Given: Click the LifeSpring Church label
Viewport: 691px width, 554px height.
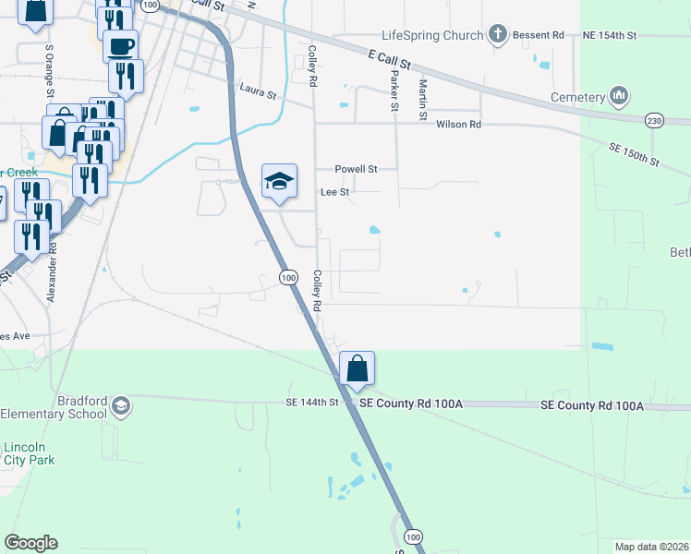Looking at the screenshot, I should coord(431,35).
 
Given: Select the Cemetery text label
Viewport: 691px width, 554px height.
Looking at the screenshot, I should coord(576,97).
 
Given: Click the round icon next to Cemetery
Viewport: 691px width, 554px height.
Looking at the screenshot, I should coord(619,96).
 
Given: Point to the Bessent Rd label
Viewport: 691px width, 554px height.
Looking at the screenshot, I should coord(540,35).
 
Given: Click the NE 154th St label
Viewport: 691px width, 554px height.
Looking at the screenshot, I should coord(610,35).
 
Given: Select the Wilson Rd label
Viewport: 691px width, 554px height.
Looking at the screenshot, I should coord(458,124).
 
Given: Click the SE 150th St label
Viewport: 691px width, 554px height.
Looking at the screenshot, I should coord(633,154).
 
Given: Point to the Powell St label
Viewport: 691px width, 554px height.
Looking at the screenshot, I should coord(356,169).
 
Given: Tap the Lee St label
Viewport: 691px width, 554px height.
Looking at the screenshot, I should coord(334,192).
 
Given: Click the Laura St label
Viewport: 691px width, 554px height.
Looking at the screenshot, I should coord(258,90).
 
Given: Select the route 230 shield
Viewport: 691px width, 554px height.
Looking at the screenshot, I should coord(654,120).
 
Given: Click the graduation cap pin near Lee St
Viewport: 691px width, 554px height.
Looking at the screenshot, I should coord(279,181).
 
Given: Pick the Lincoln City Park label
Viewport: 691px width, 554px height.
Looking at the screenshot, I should coord(29,452).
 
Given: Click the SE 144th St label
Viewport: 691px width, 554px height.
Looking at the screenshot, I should coord(313,403).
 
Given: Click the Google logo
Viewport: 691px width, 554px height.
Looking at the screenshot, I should coord(30,542).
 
